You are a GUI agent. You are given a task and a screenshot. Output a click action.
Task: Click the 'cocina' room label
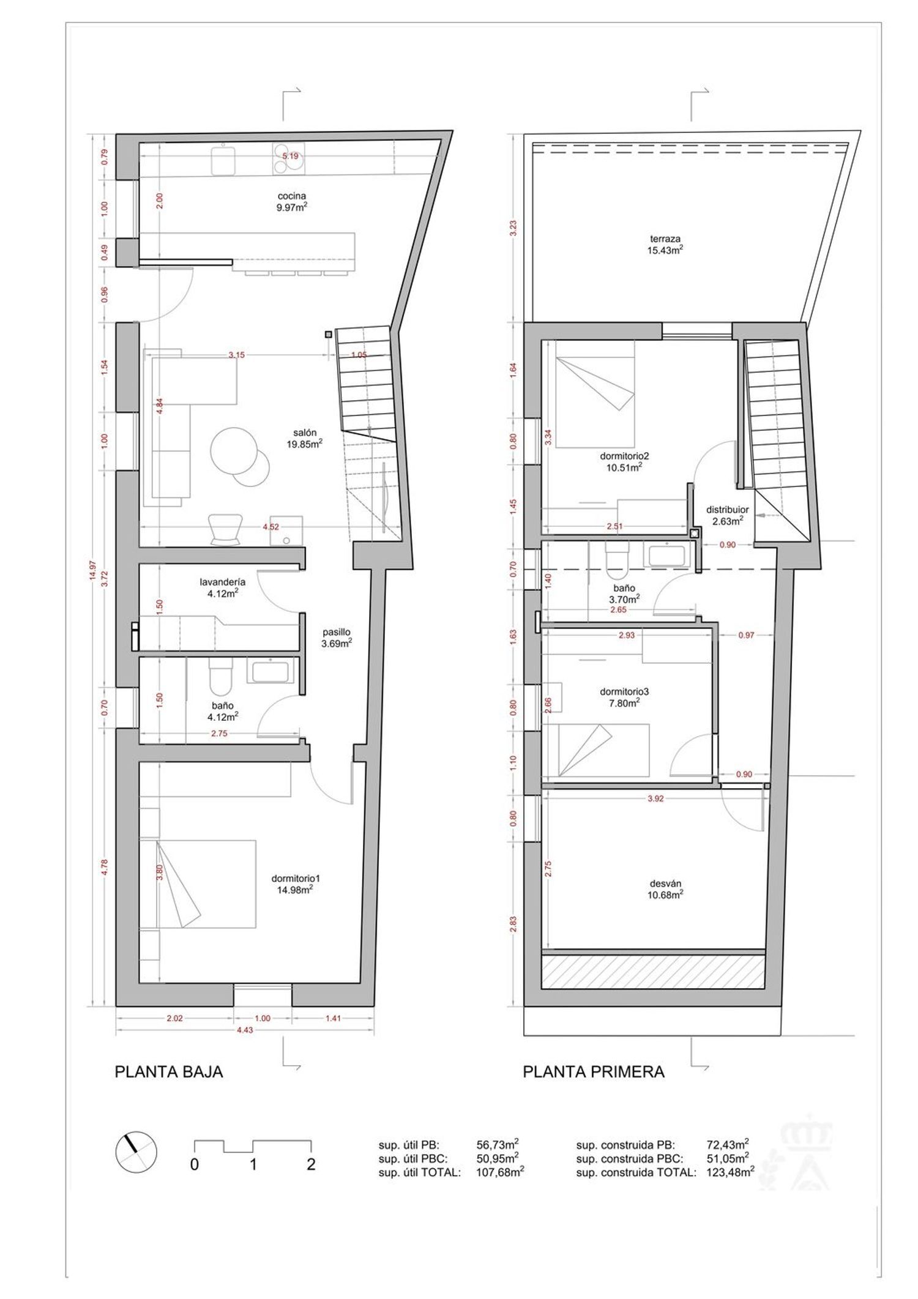(x=291, y=196)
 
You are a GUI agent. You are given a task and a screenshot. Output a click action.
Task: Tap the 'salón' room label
(x=304, y=433)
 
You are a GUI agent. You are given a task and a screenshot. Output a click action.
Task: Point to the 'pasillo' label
(x=337, y=633)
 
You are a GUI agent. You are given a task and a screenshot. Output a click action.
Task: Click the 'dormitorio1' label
(x=296, y=879)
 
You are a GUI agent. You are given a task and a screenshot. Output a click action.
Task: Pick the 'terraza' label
(x=665, y=239)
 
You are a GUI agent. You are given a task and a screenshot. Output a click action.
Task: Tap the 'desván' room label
(x=665, y=883)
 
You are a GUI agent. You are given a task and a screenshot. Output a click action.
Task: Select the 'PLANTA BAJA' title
(x=169, y=1072)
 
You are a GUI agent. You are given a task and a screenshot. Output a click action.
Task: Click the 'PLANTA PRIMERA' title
(x=594, y=1072)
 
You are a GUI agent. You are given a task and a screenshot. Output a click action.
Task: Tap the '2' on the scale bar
(x=311, y=1164)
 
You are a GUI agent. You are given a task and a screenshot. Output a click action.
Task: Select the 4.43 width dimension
(x=245, y=1030)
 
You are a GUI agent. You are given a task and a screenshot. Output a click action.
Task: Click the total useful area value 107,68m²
(x=500, y=1172)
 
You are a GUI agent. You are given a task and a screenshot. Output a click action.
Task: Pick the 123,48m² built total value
(x=730, y=1172)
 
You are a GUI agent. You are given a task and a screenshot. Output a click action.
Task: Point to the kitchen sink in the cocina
(x=223, y=160)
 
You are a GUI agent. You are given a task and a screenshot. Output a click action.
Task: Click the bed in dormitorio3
(x=603, y=750)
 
